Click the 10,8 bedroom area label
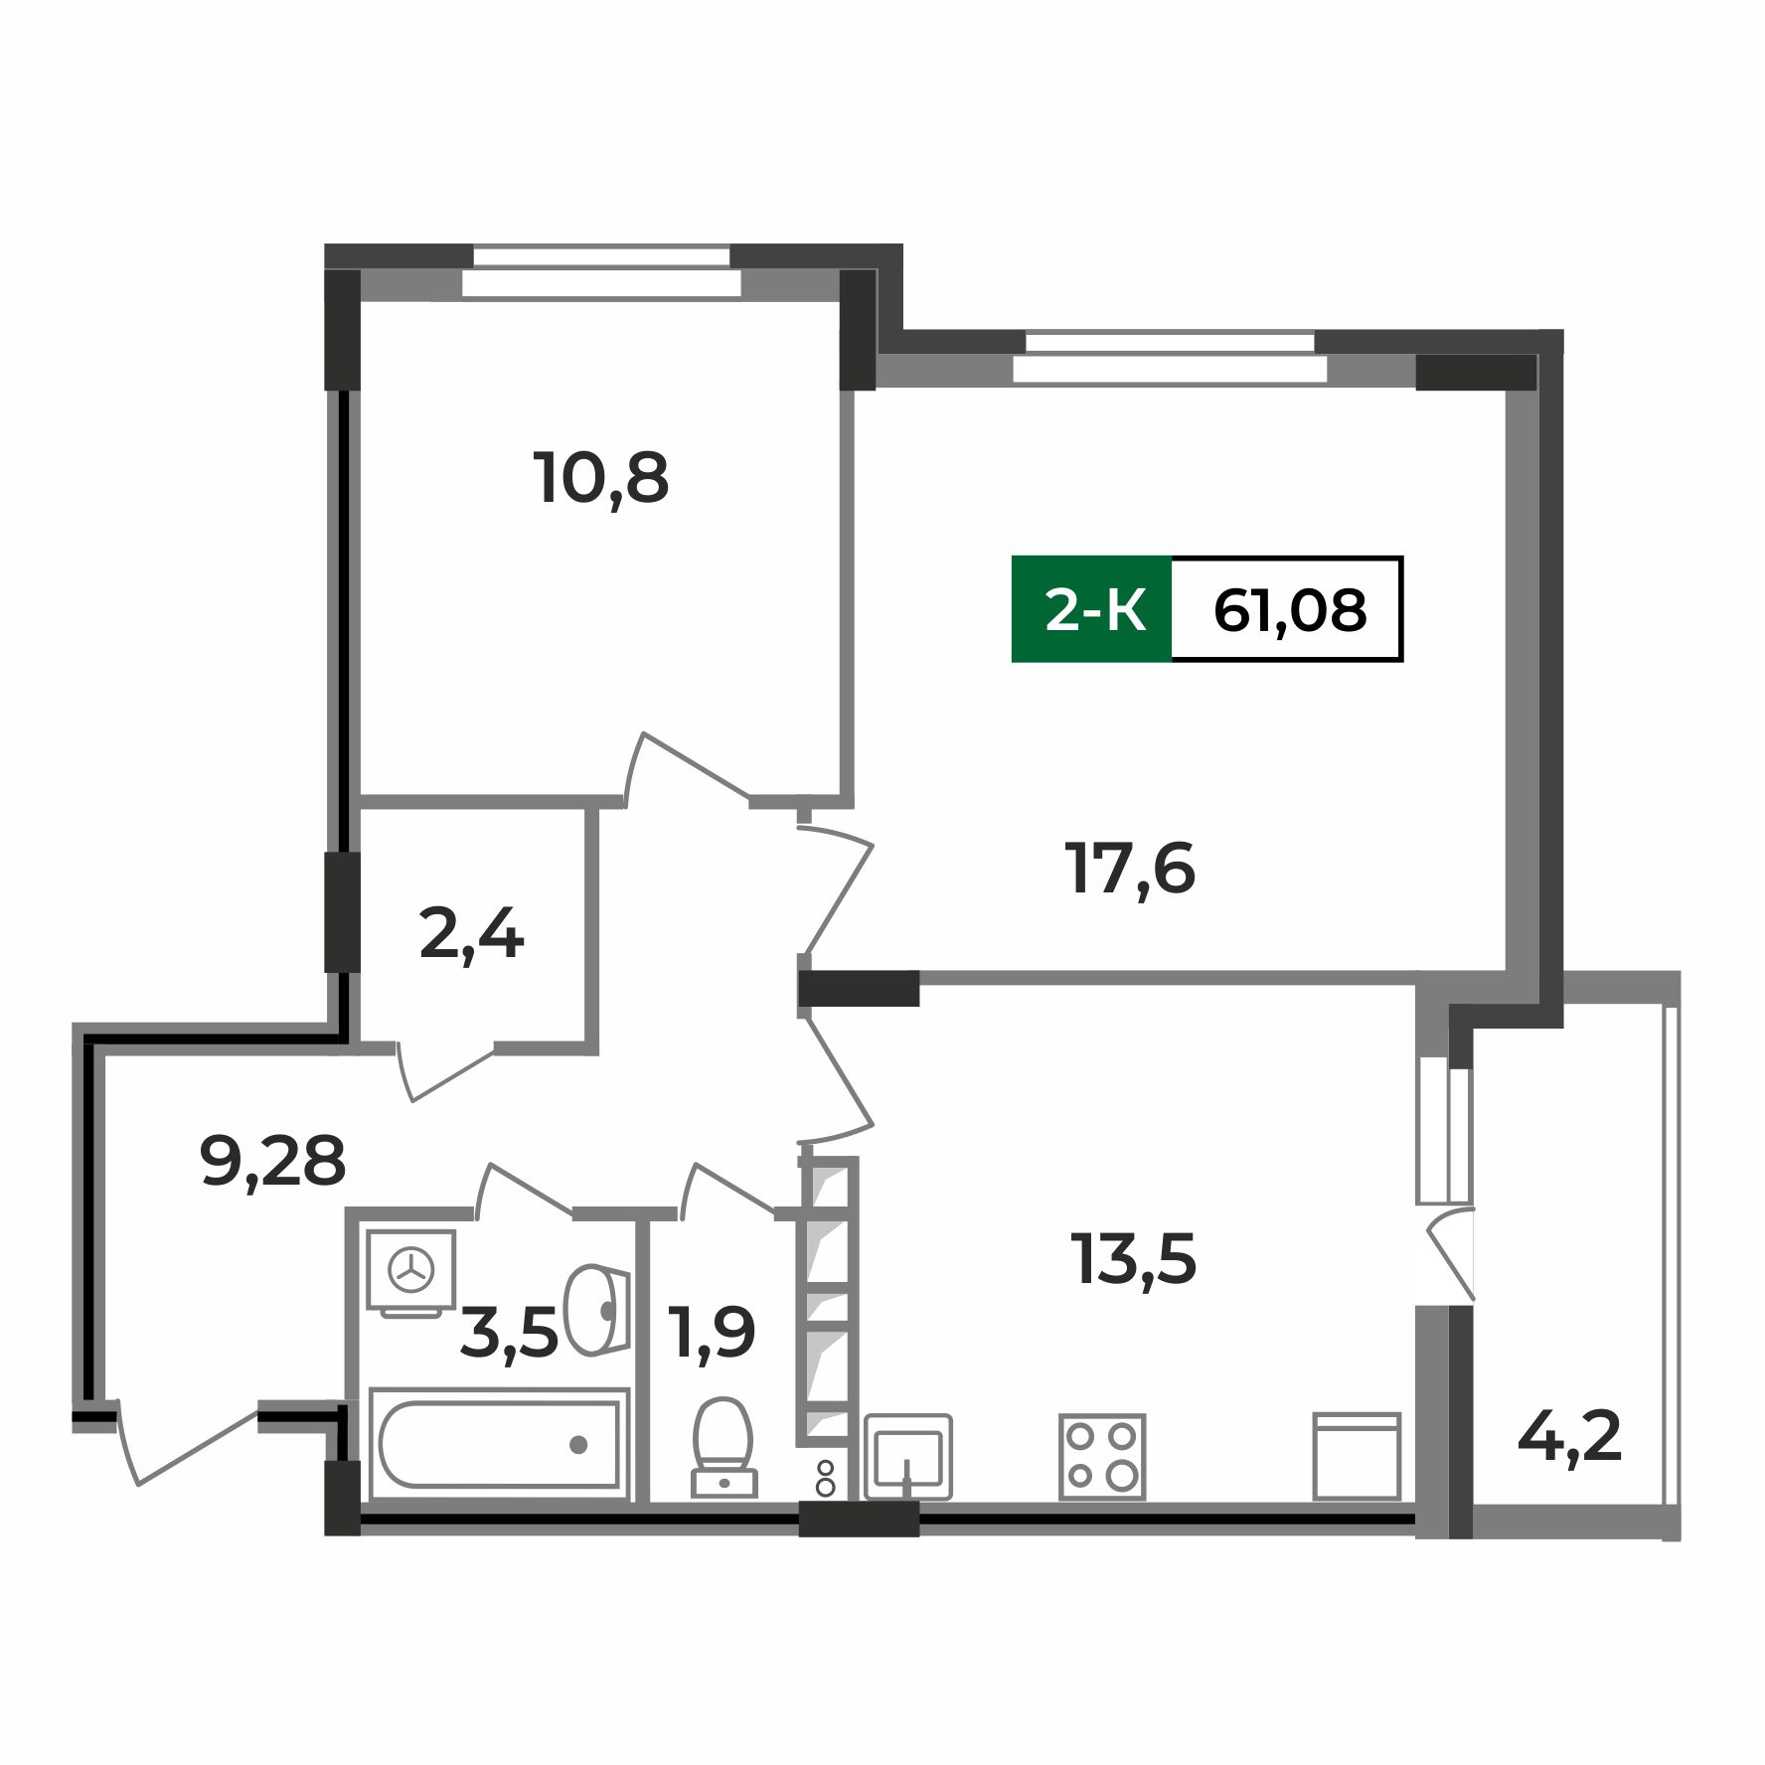[601, 479]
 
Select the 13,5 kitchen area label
[1133, 1258]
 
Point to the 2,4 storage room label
[471, 936]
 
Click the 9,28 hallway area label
[272, 1161]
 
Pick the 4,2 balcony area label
[1569, 1436]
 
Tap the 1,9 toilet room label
[713, 1333]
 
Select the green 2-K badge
[1092, 609]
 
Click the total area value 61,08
[1289, 609]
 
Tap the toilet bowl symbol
[723, 1446]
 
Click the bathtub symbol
[499, 1443]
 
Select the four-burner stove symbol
[1101, 1456]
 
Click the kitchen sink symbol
[908, 1456]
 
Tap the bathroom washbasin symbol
[596, 1309]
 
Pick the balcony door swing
[1451, 1252]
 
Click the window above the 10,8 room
[601, 270]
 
